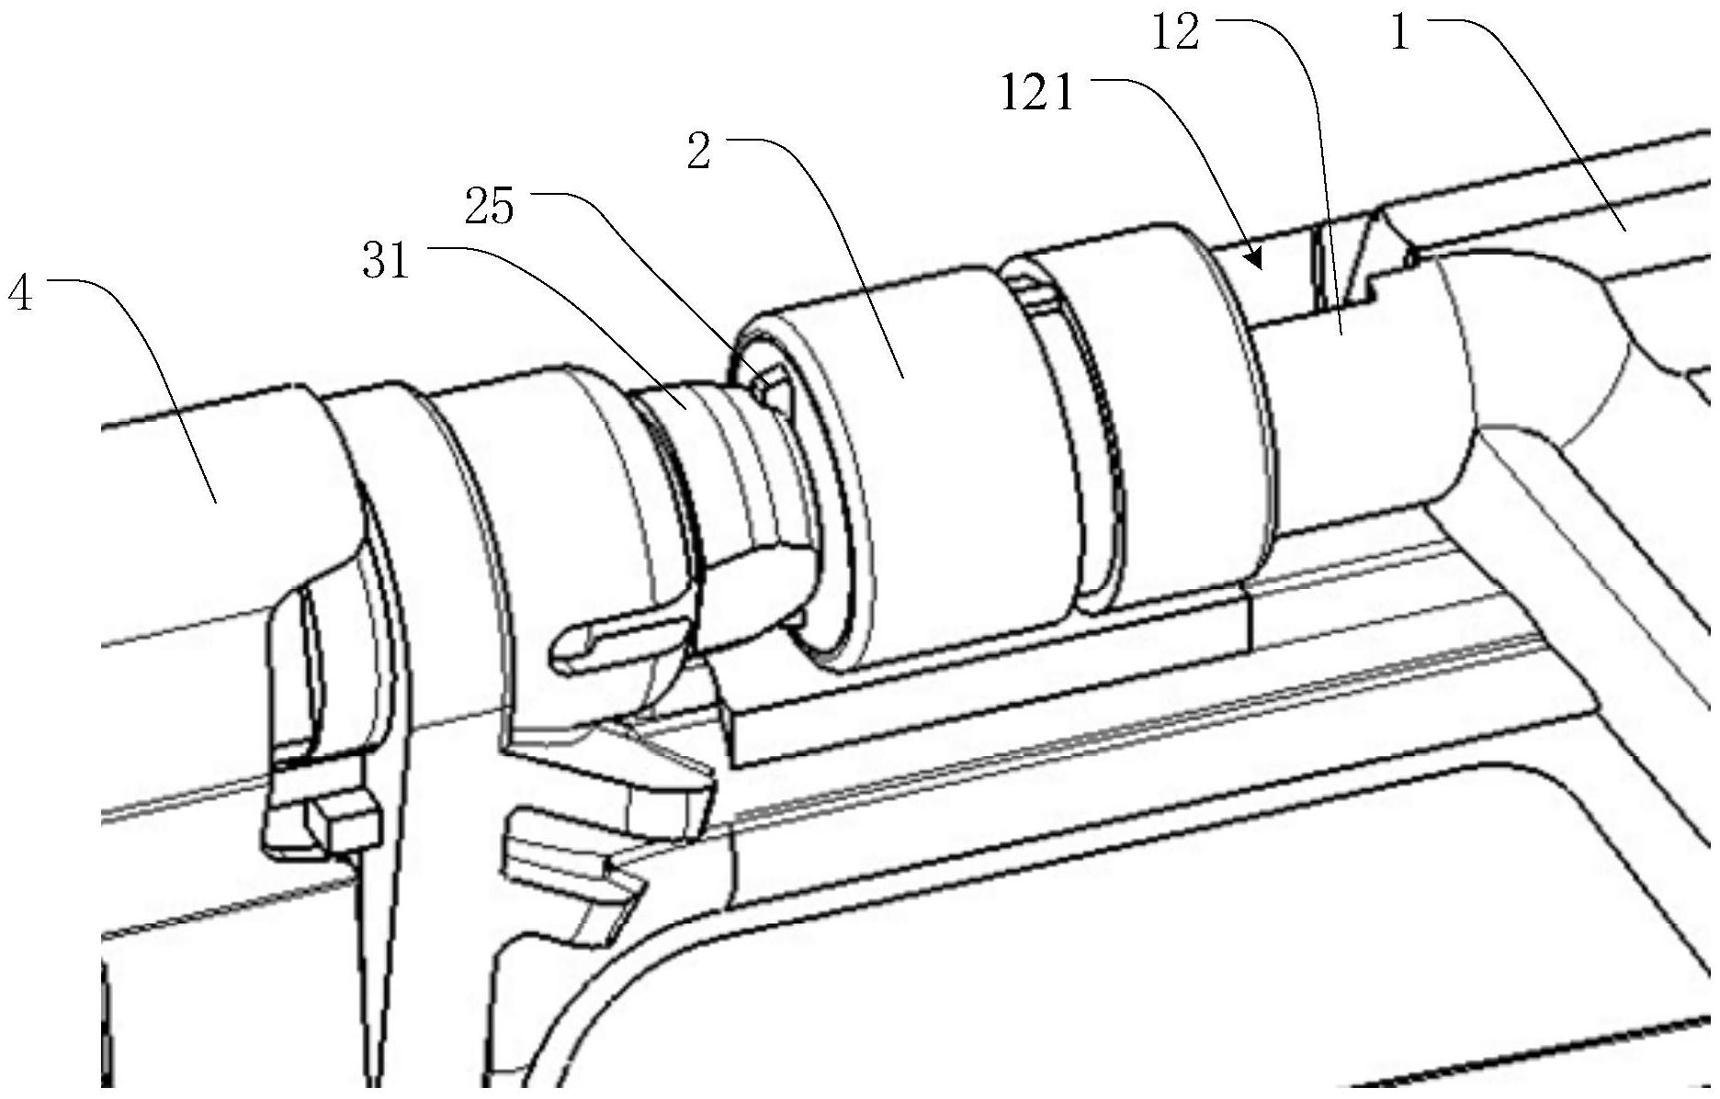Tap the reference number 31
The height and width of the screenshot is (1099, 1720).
coord(386,262)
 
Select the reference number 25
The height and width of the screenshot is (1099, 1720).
coord(489,208)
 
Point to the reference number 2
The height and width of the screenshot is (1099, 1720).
coord(699,153)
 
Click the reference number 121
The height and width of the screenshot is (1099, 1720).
coord(1037,94)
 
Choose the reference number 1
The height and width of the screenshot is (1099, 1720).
coord(1400,34)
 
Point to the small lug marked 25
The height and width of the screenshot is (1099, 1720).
coord(770,384)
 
